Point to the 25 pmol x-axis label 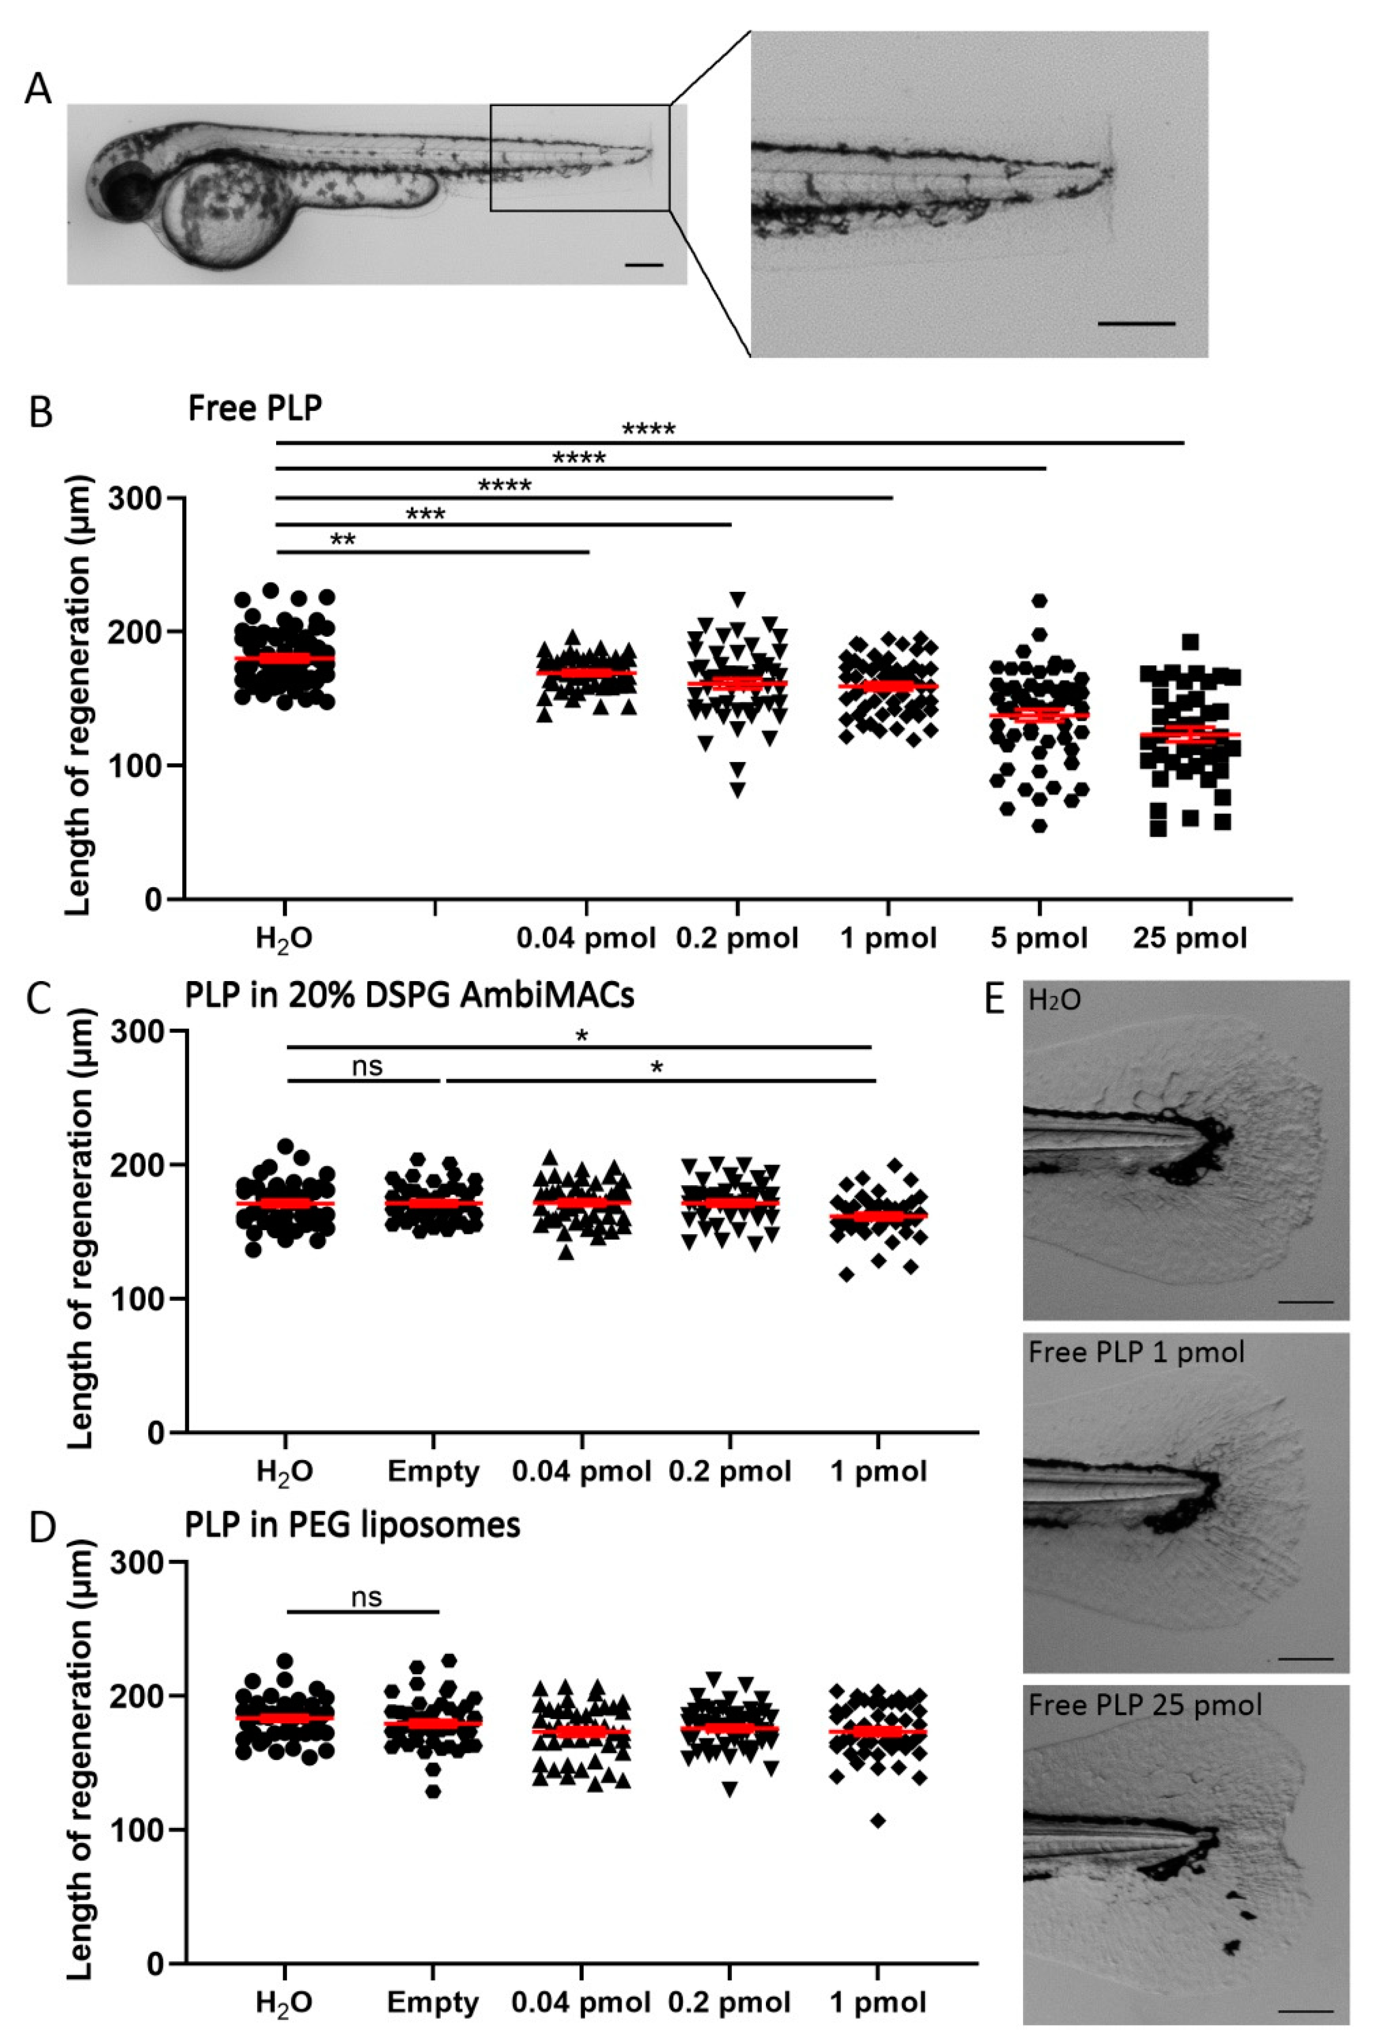1189,938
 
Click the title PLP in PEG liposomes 352,1525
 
